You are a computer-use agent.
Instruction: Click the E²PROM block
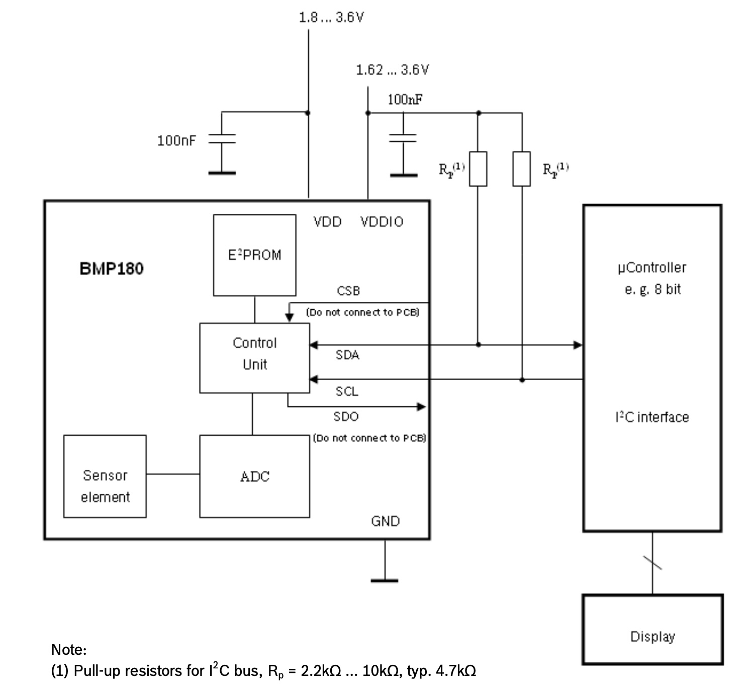tap(254, 255)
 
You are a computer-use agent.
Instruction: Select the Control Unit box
tap(254, 358)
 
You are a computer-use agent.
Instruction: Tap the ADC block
tap(254, 476)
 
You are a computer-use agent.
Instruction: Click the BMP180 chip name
tap(112, 269)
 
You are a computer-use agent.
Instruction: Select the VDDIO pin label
tap(382, 222)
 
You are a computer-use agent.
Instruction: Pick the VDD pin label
tap(327, 222)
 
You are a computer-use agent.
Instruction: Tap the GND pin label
tap(385, 521)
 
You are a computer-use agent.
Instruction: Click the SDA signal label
tap(347, 355)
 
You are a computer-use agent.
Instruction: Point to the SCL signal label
tap(347, 391)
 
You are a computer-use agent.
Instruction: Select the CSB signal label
tap(348, 291)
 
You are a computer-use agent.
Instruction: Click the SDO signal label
tap(346, 416)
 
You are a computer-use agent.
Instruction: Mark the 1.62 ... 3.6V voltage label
tap(392, 69)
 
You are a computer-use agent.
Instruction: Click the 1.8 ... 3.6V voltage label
tap(331, 17)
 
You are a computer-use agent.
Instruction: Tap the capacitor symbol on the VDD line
tap(222, 139)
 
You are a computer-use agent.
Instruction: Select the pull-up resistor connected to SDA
tap(478, 169)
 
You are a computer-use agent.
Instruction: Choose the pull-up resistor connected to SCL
tap(522, 169)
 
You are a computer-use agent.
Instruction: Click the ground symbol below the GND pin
tap(385, 580)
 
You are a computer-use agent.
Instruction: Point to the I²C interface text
tap(652, 417)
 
